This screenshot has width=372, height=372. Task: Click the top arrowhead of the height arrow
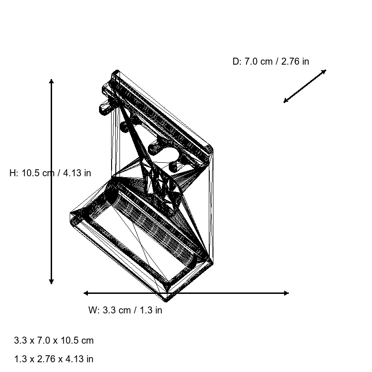[x=51, y=81]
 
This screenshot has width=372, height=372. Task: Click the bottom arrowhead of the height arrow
[x=51, y=282]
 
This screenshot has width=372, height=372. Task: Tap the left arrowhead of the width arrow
[x=86, y=293]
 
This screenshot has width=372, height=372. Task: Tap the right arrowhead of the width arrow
[x=286, y=293]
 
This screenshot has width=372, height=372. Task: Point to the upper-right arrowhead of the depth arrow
[x=325, y=71]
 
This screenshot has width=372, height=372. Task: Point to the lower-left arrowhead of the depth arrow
[x=285, y=101]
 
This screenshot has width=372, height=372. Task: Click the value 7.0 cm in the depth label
[x=259, y=61]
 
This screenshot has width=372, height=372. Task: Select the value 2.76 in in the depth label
[x=295, y=61]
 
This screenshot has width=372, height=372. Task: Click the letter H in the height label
[x=13, y=173]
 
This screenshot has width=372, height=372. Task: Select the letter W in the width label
[x=92, y=310]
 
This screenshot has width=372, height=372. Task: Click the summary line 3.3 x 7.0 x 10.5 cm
[x=53, y=340]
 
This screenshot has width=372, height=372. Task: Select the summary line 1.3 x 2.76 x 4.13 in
[x=53, y=359]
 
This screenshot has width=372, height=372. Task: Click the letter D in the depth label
[x=236, y=61]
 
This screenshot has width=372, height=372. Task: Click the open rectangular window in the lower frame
[x=139, y=237]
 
